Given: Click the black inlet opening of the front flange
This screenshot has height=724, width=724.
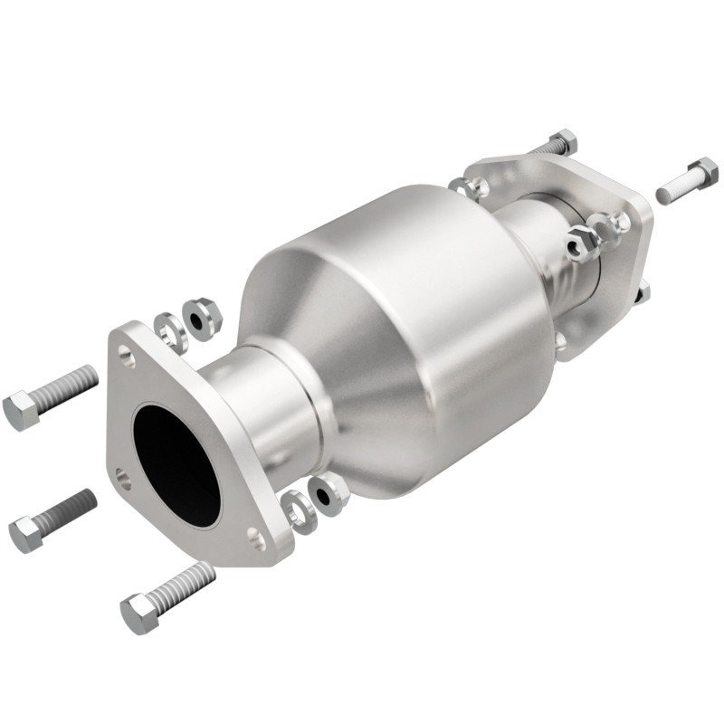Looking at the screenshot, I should click(177, 462).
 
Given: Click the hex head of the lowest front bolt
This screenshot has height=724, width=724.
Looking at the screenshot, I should click(138, 613).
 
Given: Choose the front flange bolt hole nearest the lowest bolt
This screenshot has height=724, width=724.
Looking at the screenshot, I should click(257, 541).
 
